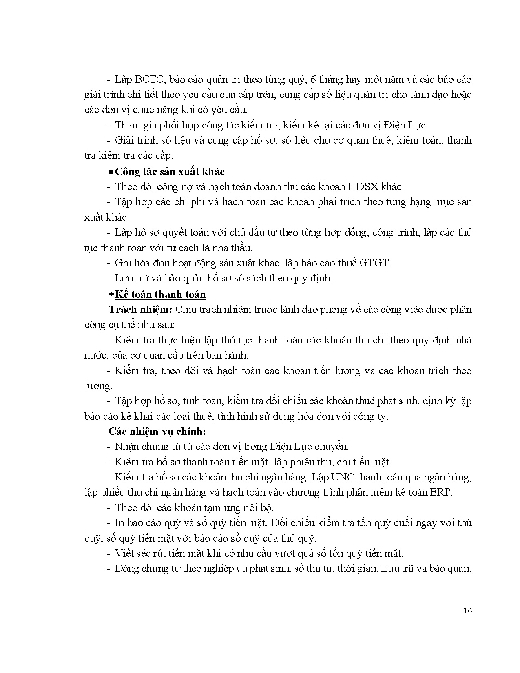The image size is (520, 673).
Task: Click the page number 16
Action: coord(467,611)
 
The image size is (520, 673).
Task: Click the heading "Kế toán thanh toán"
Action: coord(160,294)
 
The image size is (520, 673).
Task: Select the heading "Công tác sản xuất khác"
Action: coord(170,172)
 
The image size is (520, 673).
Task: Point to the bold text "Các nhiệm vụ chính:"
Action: coord(157,432)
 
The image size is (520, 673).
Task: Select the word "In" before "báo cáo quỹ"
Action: coord(119,523)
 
